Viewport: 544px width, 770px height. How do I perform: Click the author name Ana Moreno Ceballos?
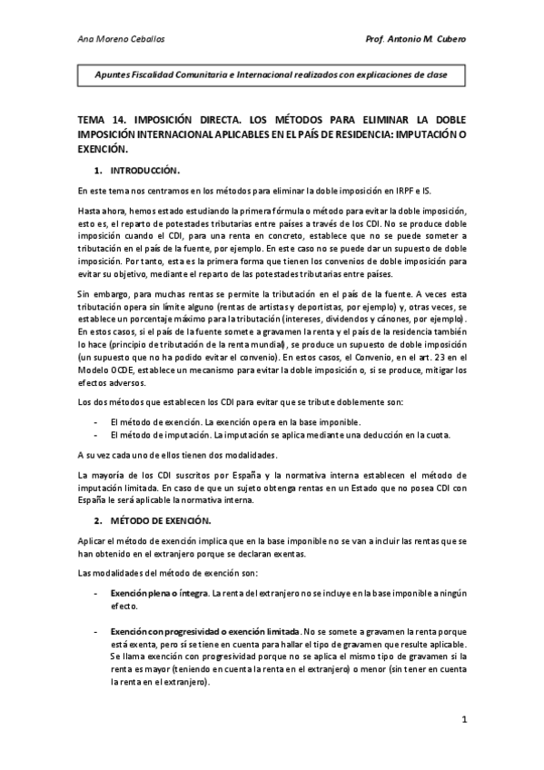coord(117,38)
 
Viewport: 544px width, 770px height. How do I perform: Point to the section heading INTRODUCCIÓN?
coord(146,170)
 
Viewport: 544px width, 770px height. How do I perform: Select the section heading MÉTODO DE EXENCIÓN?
coord(160,520)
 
